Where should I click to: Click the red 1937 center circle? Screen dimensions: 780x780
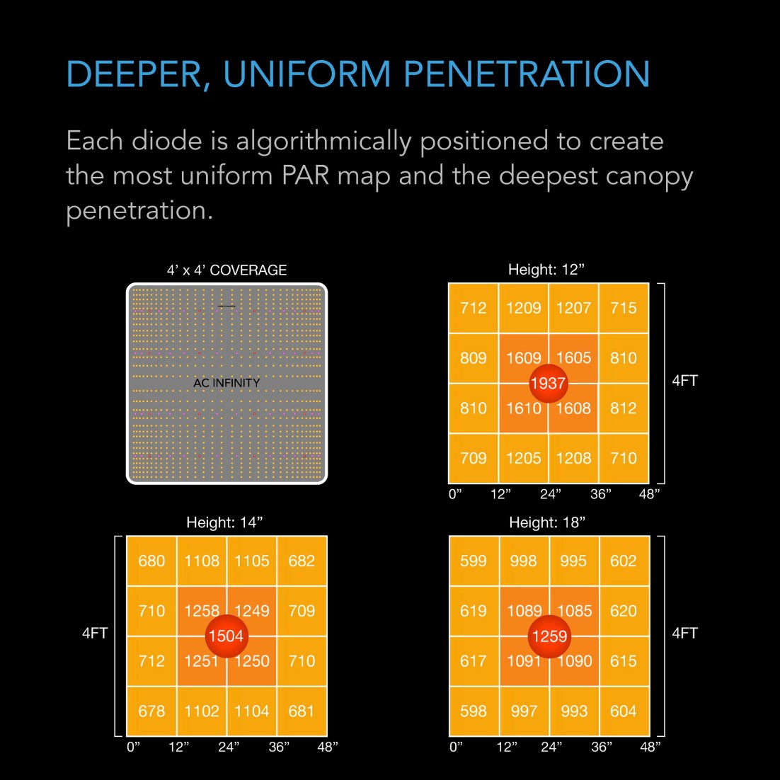[548, 383]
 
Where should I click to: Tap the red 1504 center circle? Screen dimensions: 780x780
[226, 636]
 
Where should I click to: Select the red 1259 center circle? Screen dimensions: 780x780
[549, 636]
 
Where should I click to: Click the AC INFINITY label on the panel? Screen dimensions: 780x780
[226, 383]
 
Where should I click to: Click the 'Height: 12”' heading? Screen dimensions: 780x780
[546, 270]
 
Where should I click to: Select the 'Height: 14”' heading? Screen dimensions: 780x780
[224, 522]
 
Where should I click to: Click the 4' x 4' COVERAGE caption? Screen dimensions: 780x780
[226, 270]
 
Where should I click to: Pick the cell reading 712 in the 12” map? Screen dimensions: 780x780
[474, 308]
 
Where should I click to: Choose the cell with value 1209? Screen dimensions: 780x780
[523, 308]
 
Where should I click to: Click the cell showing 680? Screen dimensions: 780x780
[151, 561]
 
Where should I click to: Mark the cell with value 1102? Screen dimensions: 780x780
[202, 711]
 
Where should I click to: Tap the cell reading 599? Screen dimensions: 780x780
[474, 561]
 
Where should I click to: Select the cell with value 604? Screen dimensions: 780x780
[624, 711]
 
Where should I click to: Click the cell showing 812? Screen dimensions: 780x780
[624, 408]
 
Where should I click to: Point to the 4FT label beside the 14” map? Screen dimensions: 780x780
[94, 633]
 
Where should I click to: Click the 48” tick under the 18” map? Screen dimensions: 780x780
[650, 747]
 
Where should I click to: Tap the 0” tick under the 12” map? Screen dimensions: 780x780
[455, 494]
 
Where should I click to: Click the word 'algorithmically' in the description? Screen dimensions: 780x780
[323, 141]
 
